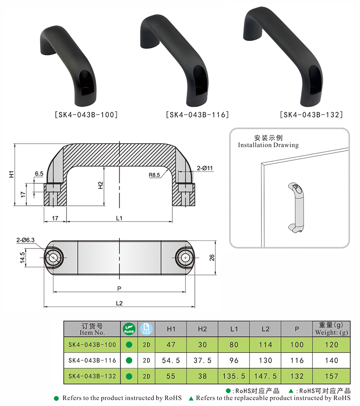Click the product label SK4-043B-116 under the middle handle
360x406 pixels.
coord(198,114)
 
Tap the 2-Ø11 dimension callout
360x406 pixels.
coord(205,168)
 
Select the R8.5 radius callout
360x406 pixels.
coord(154,175)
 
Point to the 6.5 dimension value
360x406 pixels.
coord(39,174)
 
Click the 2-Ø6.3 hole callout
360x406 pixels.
coord(25,240)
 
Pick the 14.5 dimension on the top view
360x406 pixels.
coord(22,257)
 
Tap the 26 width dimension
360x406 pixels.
coord(212,257)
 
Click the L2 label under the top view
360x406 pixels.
coord(119,303)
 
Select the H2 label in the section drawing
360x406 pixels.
coord(101,185)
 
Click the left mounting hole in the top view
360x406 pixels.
coord(54,257)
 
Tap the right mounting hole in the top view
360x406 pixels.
coord(185,257)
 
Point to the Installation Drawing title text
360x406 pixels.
coord(268,145)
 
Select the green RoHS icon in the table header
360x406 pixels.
coord(129,329)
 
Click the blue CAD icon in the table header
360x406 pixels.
coord(146,329)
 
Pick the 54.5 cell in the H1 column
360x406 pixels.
coord(171,361)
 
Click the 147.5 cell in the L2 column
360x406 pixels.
coord(265,376)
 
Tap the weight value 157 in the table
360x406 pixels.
coord(332,376)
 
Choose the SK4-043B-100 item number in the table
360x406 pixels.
coord(92,345)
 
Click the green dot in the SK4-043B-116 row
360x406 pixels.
coord(129,361)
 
